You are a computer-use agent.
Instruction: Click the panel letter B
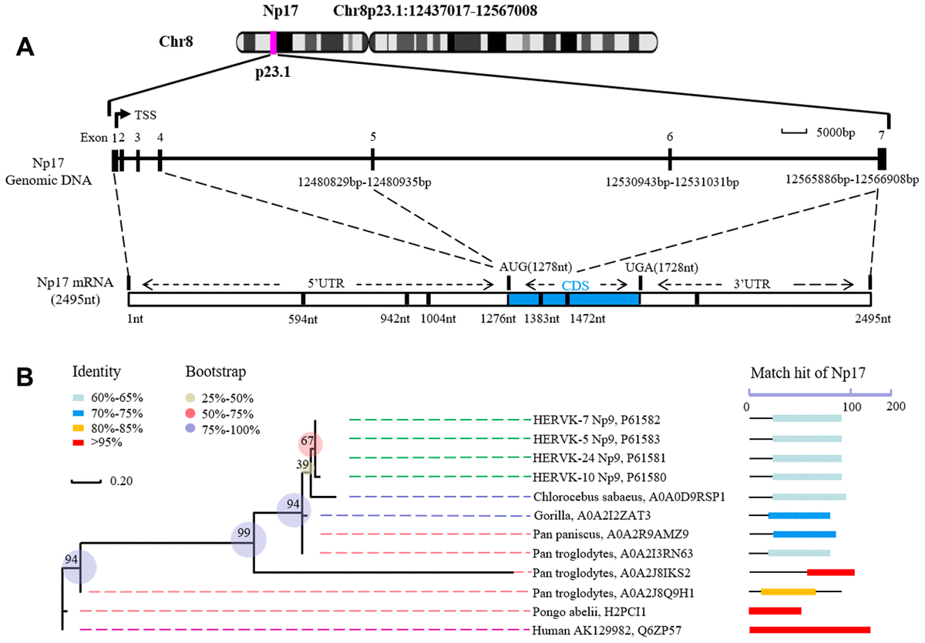click(x=25, y=377)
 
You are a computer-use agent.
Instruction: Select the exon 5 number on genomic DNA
click(x=373, y=137)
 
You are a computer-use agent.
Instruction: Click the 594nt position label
click(x=303, y=319)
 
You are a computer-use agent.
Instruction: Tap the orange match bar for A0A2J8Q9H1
click(x=788, y=591)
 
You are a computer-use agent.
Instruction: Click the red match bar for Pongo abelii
click(x=775, y=611)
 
